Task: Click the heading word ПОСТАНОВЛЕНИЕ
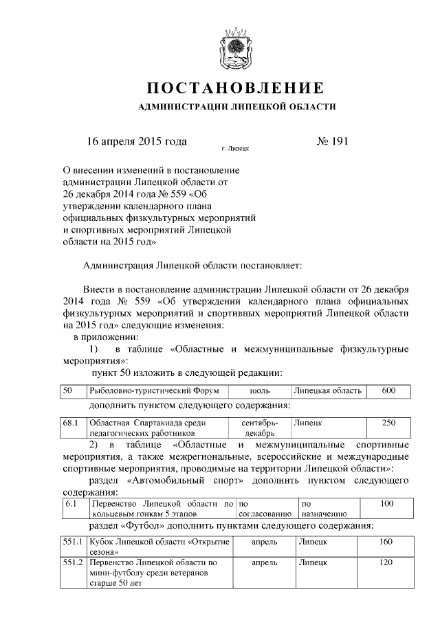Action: [x=236, y=88]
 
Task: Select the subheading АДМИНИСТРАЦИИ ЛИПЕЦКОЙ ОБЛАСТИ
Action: [x=237, y=108]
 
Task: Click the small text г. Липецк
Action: [x=235, y=148]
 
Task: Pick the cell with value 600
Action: [x=388, y=390]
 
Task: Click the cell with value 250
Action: [x=388, y=423]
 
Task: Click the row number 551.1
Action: [x=72, y=543]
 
